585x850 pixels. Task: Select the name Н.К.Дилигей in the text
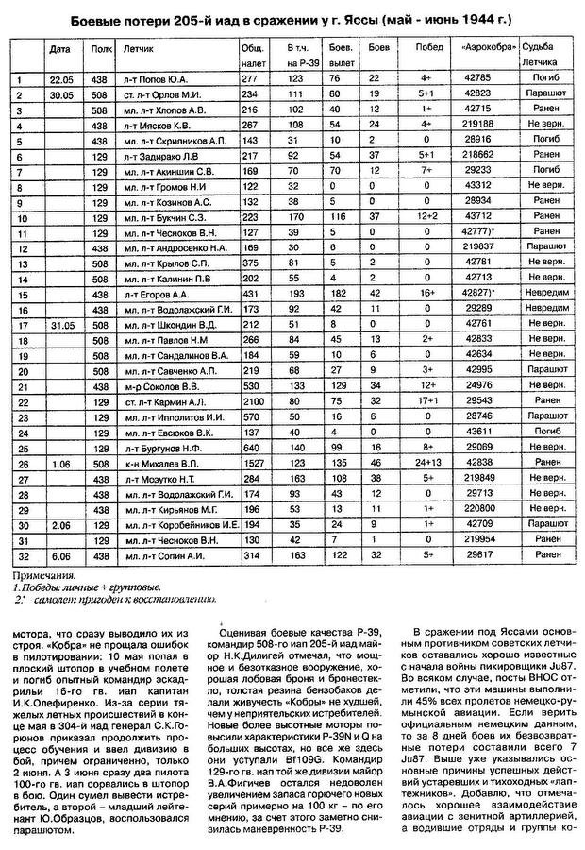click(252, 660)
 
